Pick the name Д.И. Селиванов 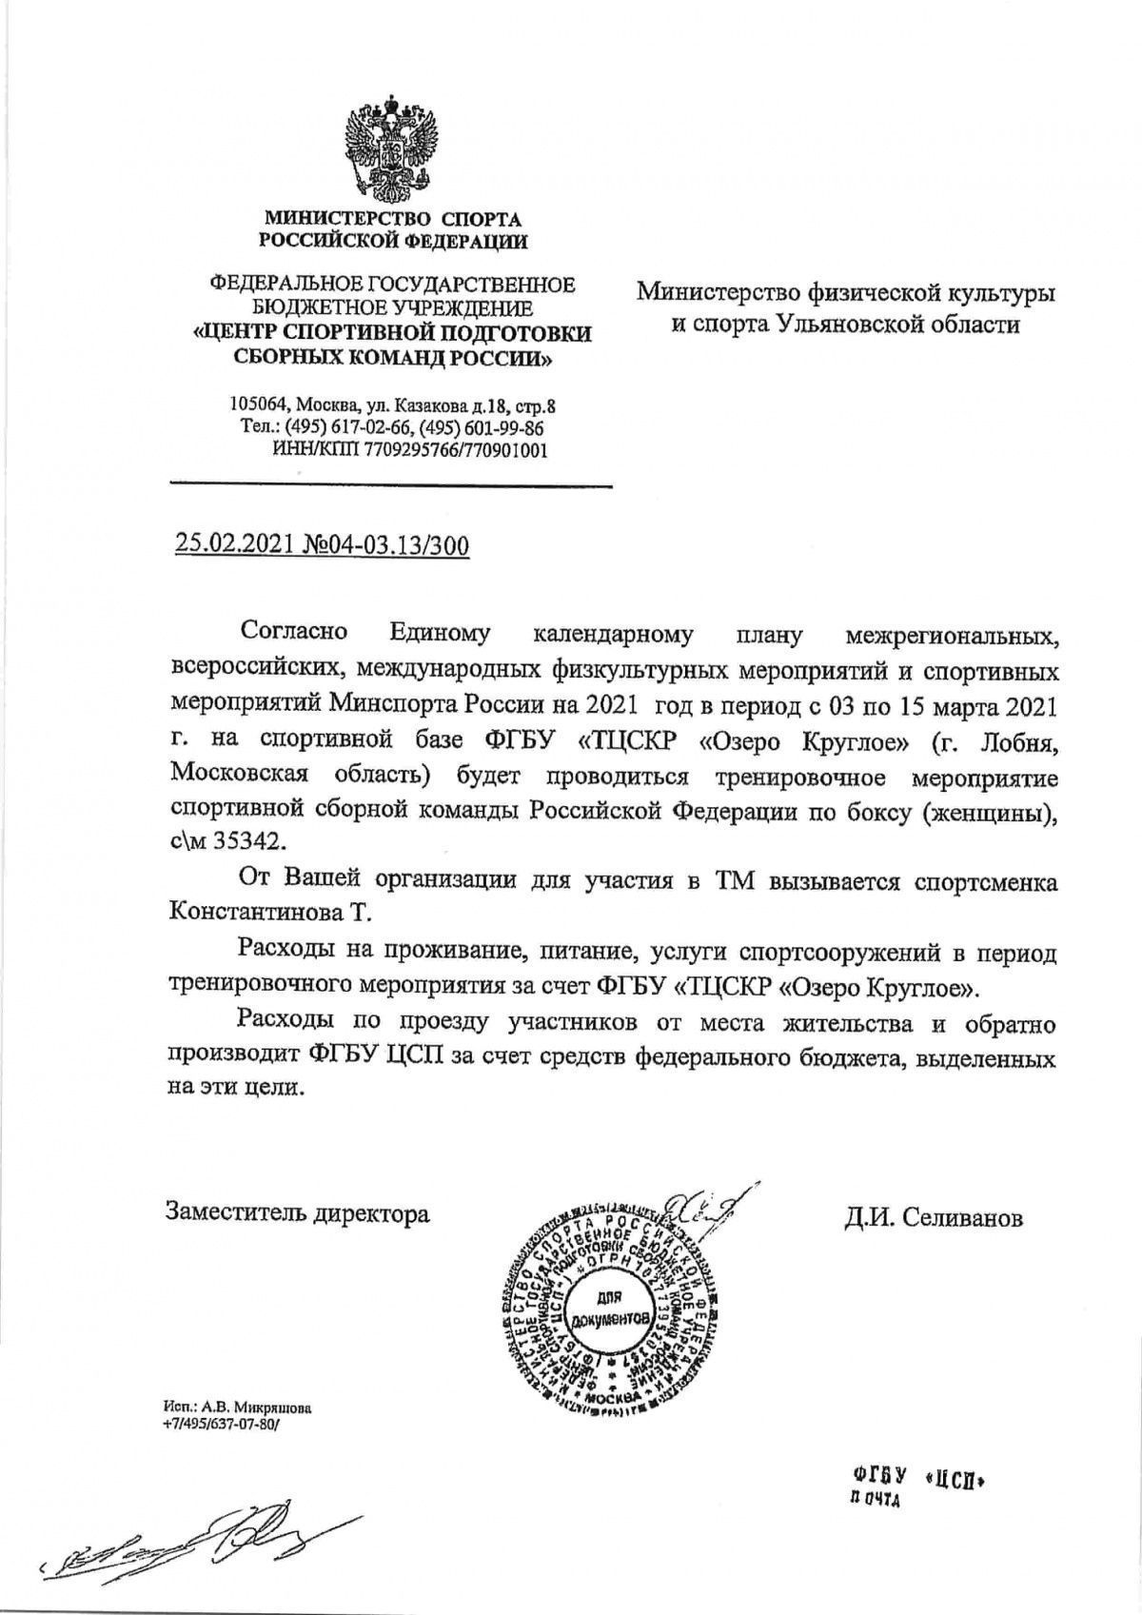click(x=932, y=1217)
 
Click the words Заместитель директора click(x=297, y=1213)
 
